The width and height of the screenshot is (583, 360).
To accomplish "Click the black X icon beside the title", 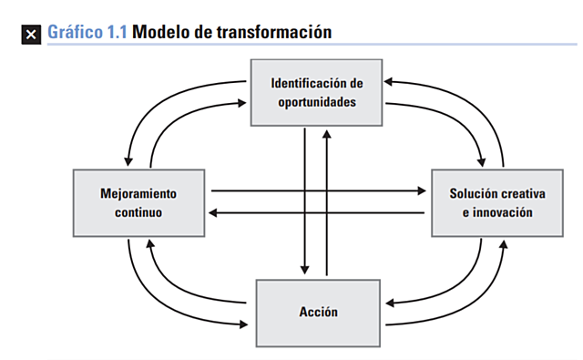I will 32,34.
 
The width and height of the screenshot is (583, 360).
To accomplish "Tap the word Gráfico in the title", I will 73,33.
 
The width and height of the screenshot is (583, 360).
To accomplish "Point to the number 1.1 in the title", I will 115,33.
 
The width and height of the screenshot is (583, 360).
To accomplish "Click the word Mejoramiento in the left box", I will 138,194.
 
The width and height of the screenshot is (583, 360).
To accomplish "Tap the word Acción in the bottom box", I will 318,312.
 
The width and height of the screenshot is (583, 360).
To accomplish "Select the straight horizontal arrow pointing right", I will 319,191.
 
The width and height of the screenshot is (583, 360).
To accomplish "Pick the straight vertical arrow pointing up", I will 327,201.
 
